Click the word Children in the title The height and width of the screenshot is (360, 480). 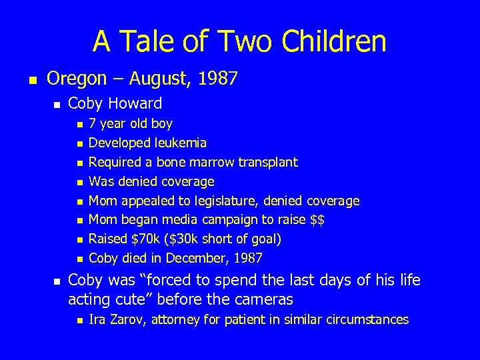(x=334, y=41)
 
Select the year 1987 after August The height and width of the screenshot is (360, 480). (x=216, y=79)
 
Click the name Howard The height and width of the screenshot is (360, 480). (x=137, y=103)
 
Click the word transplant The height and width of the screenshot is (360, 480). (x=267, y=162)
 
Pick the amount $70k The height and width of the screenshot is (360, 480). (x=145, y=239)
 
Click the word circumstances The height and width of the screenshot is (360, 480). (x=367, y=320)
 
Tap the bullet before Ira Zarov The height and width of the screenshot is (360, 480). (x=79, y=321)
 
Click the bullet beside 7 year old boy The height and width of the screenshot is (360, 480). (x=79, y=124)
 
